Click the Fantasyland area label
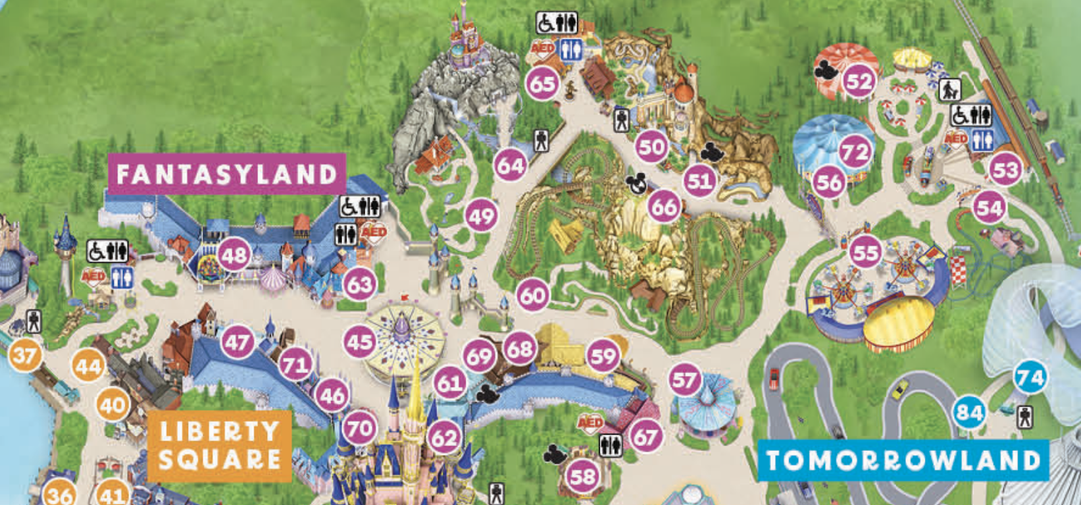227,174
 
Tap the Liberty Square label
220,446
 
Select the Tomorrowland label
903,460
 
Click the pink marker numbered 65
543,84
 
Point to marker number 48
234,255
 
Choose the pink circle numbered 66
663,207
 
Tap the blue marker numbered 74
1030,378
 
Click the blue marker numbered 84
969,413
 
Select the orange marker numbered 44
89,367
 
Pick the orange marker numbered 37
25,355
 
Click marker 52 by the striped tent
859,82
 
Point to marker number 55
865,252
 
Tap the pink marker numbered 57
684,379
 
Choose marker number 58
582,477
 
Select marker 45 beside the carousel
359,342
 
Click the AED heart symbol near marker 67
589,423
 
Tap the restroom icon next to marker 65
571,49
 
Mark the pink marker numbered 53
1005,169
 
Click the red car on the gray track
774,377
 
